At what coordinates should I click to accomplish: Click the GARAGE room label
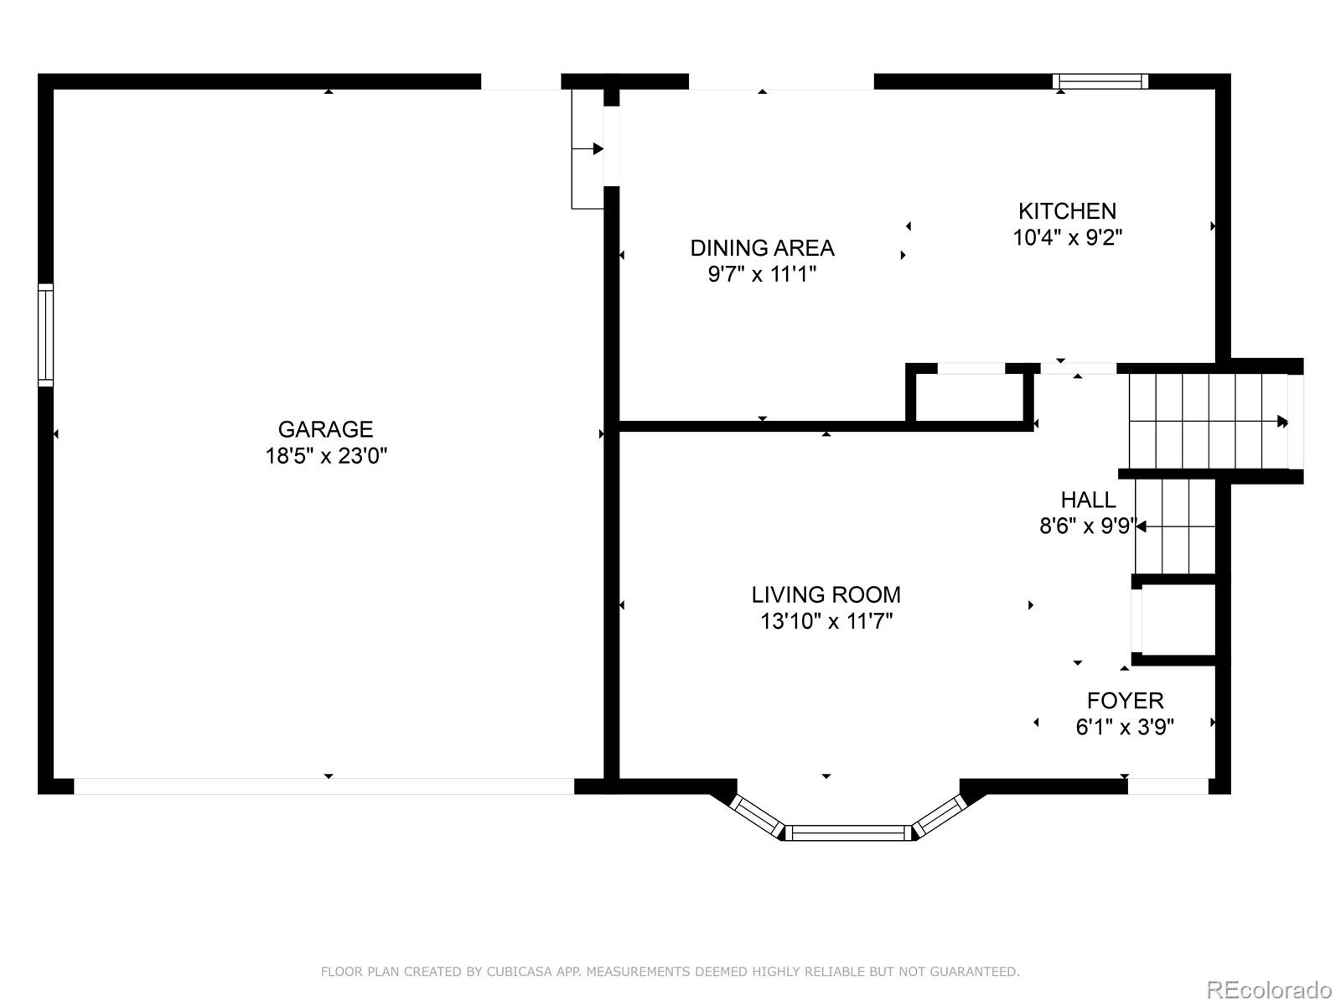326,429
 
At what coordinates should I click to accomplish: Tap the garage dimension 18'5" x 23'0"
326,456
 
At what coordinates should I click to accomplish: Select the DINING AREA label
763,248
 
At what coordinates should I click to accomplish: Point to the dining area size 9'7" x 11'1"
763,275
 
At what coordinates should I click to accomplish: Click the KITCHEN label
1067,211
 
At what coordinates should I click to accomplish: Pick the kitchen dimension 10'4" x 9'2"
1068,237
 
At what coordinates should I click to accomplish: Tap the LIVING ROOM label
826,595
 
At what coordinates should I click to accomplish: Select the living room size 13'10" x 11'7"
826,622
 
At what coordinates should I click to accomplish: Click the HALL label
1088,500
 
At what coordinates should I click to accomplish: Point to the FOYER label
1126,701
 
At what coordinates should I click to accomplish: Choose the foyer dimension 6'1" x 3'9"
1126,728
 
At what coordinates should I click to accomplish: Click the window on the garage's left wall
46,335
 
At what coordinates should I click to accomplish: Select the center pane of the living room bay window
848,833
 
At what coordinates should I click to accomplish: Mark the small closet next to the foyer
1176,620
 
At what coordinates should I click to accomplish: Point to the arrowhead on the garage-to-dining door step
598,149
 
